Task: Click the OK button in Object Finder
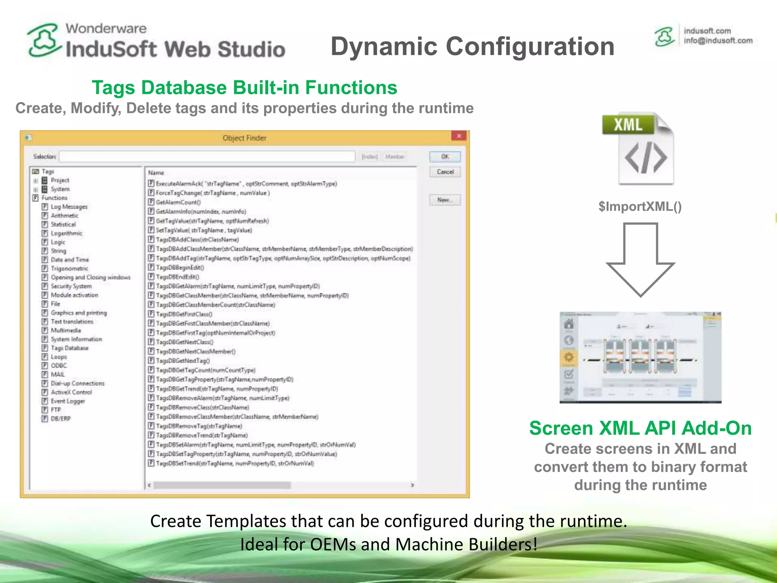pyautogui.click(x=445, y=156)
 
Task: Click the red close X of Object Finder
pyautogui.click(x=459, y=136)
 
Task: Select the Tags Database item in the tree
pyautogui.click(x=69, y=348)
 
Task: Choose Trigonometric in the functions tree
pyautogui.click(x=69, y=268)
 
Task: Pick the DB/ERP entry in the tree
pyautogui.click(x=60, y=419)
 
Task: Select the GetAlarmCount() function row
pyautogui.click(x=178, y=202)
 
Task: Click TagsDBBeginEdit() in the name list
pyautogui.click(x=180, y=268)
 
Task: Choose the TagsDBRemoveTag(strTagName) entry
pyautogui.click(x=198, y=426)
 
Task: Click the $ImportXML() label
pyautogui.click(x=640, y=206)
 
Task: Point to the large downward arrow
pyautogui.click(x=640, y=260)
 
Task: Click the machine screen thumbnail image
pyautogui.click(x=640, y=357)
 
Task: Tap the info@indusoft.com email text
pyautogui.click(x=718, y=41)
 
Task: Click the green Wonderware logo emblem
pyautogui.click(x=44, y=40)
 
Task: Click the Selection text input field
pyautogui.click(x=207, y=156)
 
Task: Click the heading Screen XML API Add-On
pyautogui.click(x=640, y=428)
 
